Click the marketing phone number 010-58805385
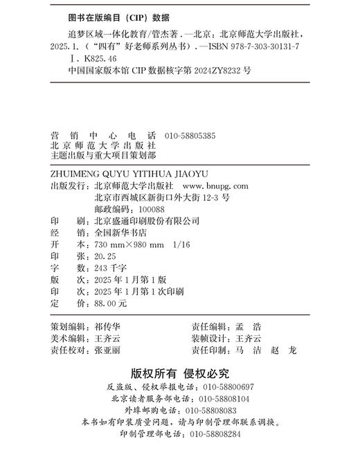[x=190, y=136]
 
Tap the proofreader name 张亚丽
[x=108, y=350]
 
